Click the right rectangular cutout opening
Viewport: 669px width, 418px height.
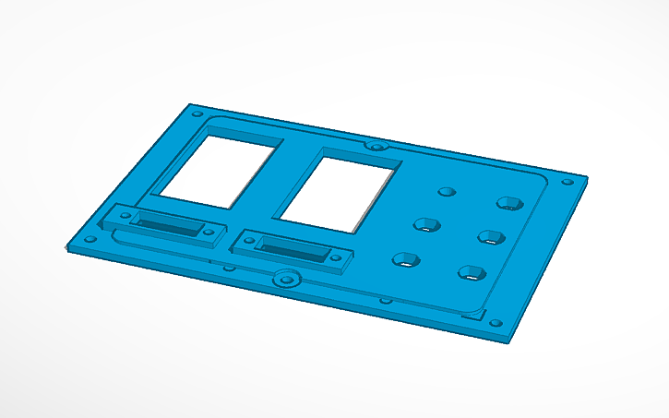(340, 189)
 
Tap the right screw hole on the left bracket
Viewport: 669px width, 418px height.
(209, 232)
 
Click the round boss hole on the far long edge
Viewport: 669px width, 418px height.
(375, 146)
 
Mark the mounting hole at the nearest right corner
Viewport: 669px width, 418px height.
(496, 324)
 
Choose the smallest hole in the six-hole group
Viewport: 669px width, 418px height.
(448, 192)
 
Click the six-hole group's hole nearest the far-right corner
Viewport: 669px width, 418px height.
(508, 202)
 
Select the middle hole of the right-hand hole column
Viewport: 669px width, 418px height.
(490, 237)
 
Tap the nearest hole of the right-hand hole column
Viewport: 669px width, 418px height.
(472, 272)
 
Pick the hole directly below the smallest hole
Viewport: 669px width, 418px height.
(426, 224)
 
